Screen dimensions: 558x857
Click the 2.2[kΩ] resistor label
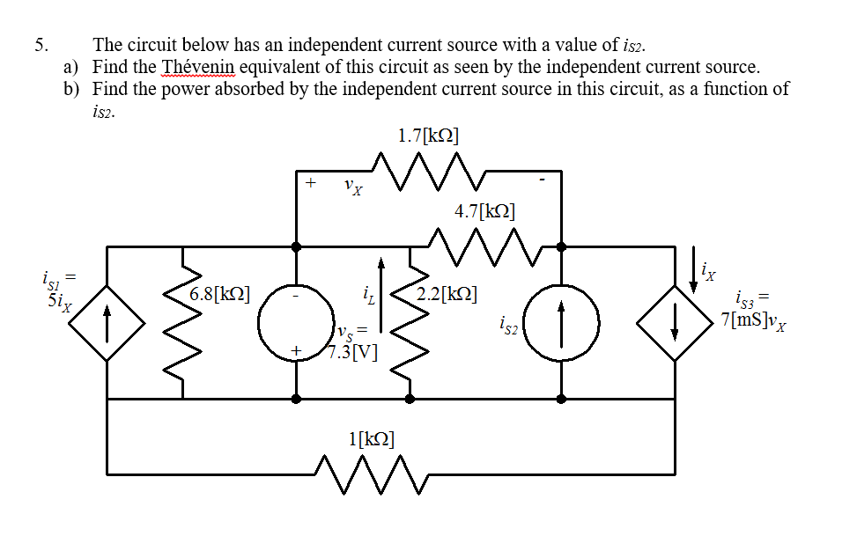(x=448, y=294)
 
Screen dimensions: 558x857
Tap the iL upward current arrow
(x=381, y=295)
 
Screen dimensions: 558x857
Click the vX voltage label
(x=351, y=187)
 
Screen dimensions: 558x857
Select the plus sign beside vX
(x=310, y=183)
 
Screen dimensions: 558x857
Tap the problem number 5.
(x=41, y=45)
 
